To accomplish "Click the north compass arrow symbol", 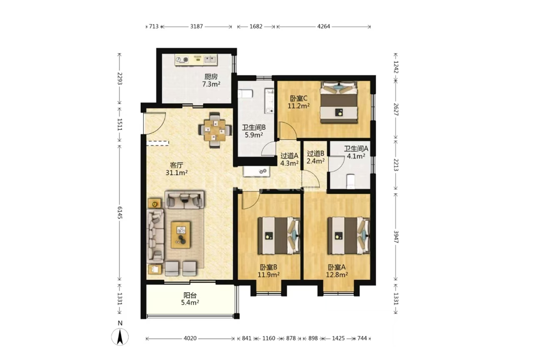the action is click(x=120, y=337).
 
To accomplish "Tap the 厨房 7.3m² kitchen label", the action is click(x=211, y=81).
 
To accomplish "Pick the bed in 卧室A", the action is click(x=349, y=235).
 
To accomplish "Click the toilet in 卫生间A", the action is click(x=350, y=181).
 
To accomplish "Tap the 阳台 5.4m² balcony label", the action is click(x=190, y=299).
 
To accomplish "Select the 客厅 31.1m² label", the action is click(x=176, y=169).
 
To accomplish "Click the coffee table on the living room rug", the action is click(x=181, y=235).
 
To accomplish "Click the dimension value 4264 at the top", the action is click(x=324, y=26).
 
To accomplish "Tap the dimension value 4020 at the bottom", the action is click(x=190, y=338).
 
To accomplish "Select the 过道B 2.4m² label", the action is click(x=315, y=157).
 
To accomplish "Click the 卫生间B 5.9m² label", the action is click(x=254, y=131).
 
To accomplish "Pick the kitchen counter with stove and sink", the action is click(x=195, y=59).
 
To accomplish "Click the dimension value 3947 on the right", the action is click(x=396, y=237).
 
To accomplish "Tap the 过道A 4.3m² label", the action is click(x=289, y=159).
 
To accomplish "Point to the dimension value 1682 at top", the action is click(x=256, y=26).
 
